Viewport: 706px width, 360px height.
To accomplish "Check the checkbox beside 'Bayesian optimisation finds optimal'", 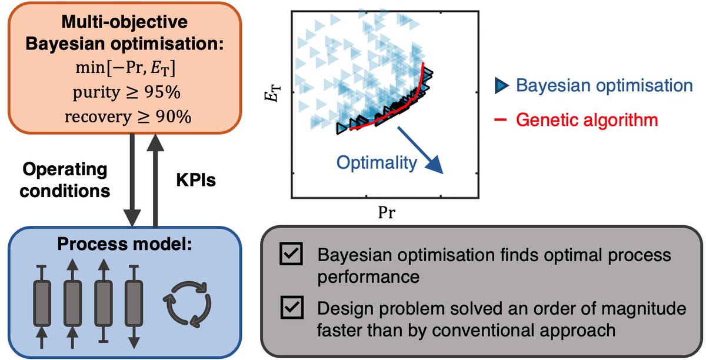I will click(292, 255).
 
